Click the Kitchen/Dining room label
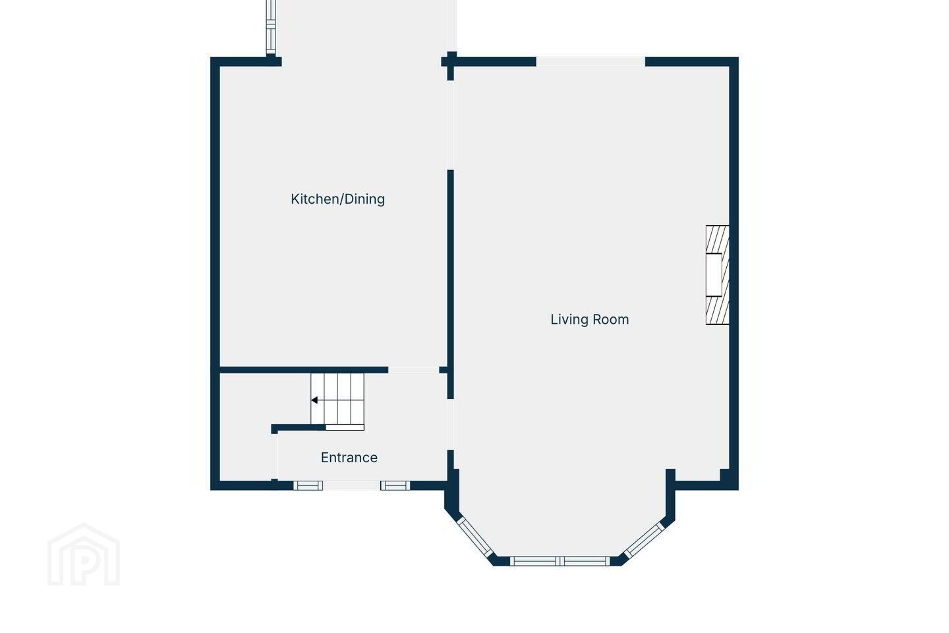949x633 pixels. [x=337, y=199]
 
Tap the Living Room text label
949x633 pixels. [x=589, y=319]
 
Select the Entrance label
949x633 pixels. [x=349, y=458]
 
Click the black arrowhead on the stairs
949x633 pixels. [x=314, y=400]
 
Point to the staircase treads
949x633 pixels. [x=337, y=398]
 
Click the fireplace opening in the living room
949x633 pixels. [x=714, y=275]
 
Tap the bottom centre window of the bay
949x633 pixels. [x=560, y=561]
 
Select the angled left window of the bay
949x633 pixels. [x=475, y=537]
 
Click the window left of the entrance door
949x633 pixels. [x=308, y=485]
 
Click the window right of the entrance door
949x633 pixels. [x=395, y=485]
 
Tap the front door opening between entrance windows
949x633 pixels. [x=352, y=485]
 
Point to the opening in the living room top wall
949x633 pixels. [x=590, y=62]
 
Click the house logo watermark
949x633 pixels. [x=84, y=555]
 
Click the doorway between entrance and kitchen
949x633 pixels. [x=413, y=370]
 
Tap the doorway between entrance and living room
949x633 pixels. [x=450, y=425]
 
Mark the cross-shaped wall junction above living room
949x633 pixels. [x=450, y=62]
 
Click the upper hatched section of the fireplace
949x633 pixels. [x=717, y=240]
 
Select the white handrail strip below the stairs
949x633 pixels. [x=345, y=427]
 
